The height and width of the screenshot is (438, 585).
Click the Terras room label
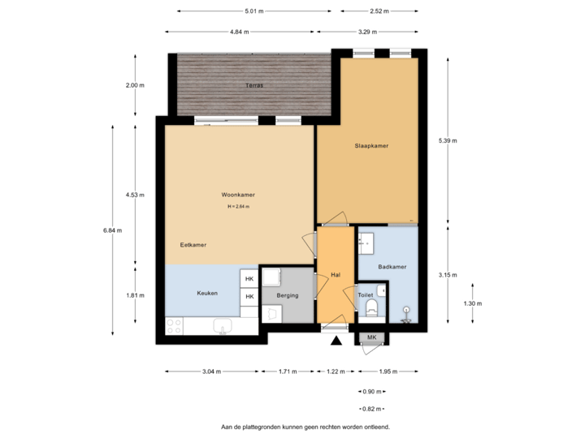[254, 85]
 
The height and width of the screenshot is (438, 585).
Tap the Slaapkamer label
[371, 146]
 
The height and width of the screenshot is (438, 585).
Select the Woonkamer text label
[238, 195]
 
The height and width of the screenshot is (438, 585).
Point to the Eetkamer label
[193, 244]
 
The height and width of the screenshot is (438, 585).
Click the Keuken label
[206, 293]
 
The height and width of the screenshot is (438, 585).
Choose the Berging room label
[286, 296]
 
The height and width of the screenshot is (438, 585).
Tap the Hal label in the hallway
[335, 275]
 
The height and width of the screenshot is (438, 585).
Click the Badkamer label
[392, 267]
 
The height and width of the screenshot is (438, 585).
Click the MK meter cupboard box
[372, 337]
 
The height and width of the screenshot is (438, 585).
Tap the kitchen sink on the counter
[222, 326]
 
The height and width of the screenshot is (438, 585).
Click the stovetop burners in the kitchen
[174, 326]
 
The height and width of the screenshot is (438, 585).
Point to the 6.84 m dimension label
[113, 230]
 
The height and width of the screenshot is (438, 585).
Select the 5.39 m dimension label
[448, 140]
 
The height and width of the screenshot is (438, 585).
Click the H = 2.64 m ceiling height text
[238, 207]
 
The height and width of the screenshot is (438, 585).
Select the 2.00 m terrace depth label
[135, 85]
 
